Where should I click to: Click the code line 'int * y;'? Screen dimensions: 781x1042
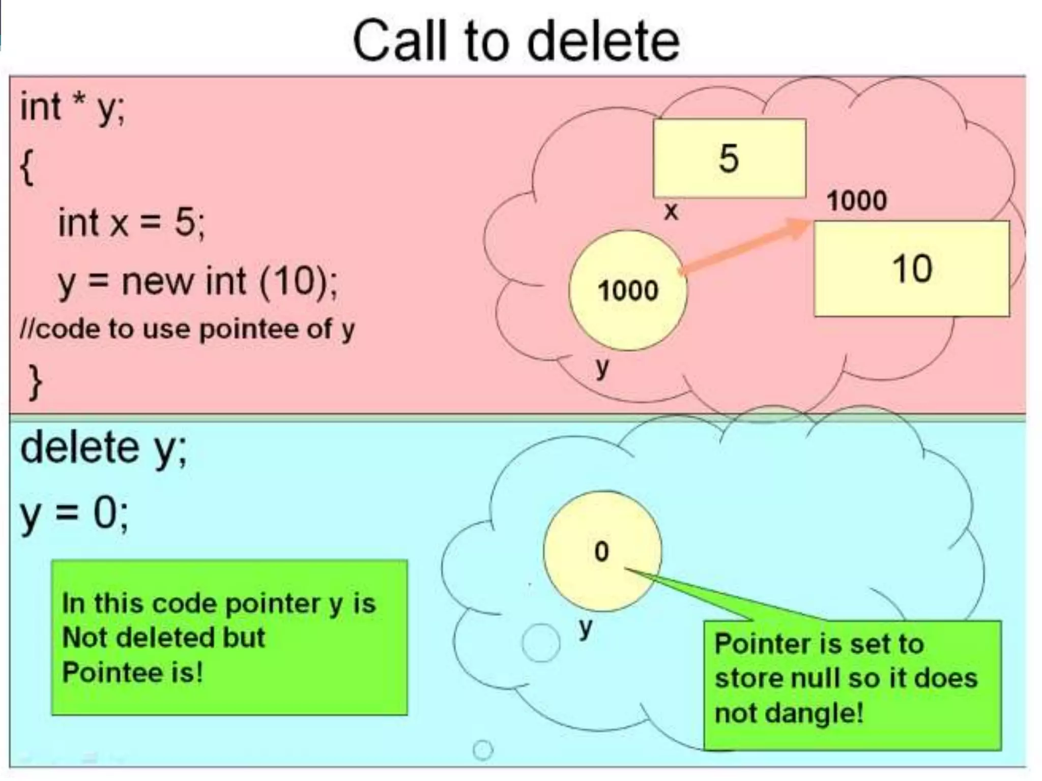click(x=72, y=108)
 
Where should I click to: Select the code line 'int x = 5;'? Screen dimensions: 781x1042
click(x=131, y=222)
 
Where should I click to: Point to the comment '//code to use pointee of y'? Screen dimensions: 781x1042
click(x=187, y=329)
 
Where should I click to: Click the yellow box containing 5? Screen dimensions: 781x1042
click(x=729, y=158)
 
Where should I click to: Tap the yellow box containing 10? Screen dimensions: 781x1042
click(x=911, y=268)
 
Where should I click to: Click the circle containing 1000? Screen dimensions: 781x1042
click(x=628, y=290)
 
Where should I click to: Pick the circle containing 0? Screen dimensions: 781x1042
click(x=602, y=551)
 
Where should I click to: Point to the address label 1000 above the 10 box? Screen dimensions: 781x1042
click(x=857, y=200)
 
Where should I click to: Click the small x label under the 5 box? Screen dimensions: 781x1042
click(x=671, y=212)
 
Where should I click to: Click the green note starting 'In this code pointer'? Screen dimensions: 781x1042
click(x=229, y=638)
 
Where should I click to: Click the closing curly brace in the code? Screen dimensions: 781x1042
click(x=35, y=382)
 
